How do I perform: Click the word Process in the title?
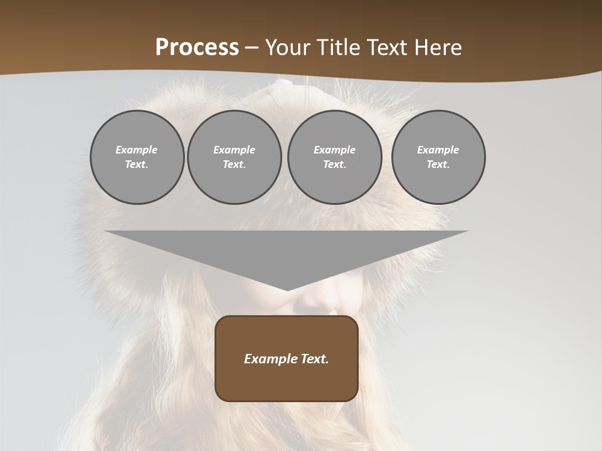197,48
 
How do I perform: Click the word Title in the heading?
335,48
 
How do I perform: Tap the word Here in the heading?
437,48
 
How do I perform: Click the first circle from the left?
137,157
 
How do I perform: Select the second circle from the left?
235,157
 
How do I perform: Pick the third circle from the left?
335,157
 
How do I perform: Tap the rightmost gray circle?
438,157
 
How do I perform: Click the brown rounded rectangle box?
287,358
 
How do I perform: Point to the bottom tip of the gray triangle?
287,290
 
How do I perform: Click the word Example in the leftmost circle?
137,150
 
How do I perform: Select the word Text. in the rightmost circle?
438,164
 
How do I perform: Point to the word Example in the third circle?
335,150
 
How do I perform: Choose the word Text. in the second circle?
235,164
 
